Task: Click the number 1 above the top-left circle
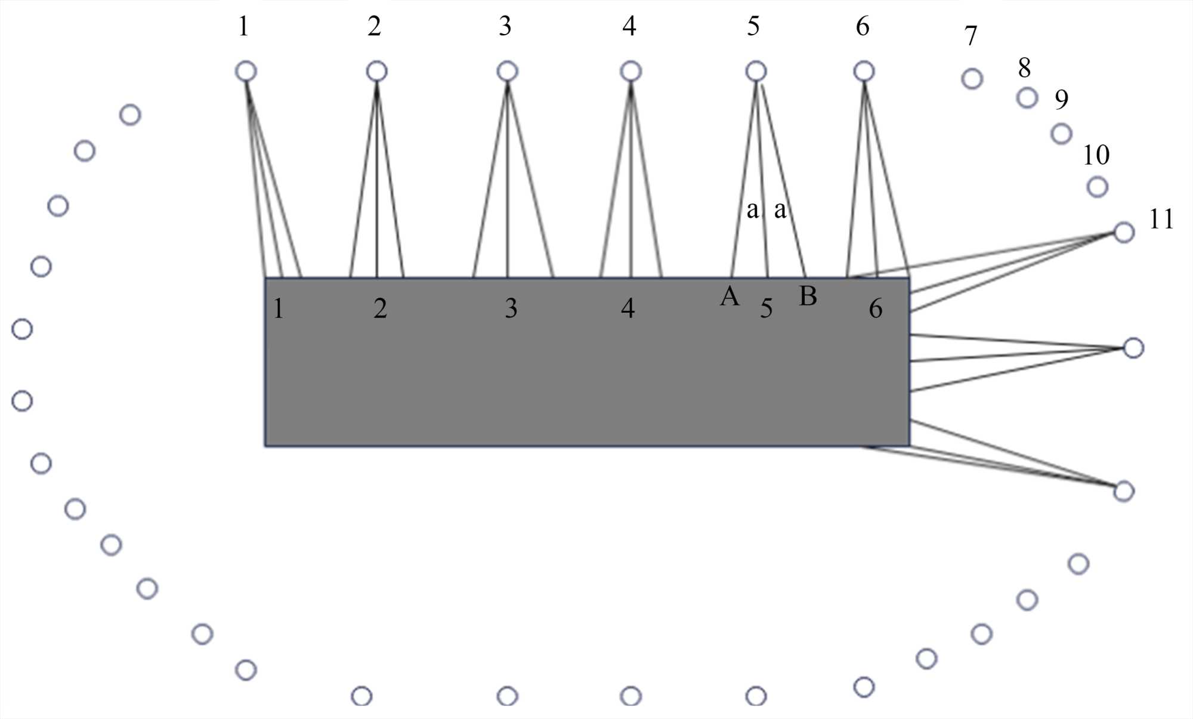click(x=243, y=27)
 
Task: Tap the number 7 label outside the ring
click(x=971, y=36)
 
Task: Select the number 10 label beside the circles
click(x=1096, y=156)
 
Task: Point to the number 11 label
click(x=1161, y=220)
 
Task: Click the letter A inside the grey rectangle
click(x=730, y=297)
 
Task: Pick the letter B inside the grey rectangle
click(x=808, y=297)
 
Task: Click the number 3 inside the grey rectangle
click(x=511, y=308)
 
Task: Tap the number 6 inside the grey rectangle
click(x=875, y=308)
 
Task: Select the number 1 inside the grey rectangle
click(x=278, y=308)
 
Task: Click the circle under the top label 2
click(x=376, y=72)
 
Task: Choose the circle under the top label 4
click(x=631, y=72)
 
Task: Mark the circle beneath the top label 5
click(x=756, y=72)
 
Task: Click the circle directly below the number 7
click(x=972, y=79)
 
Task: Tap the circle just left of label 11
click(x=1124, y=232)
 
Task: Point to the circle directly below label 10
click(x=1098, y=187)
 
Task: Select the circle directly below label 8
click(x=1027, y=97)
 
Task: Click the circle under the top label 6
click(x=864, y=72)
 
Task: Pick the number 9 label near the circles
click(x=1061, y=100)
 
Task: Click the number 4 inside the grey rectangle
click(x=628, y=308)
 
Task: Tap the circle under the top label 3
click(x=507, y=72)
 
